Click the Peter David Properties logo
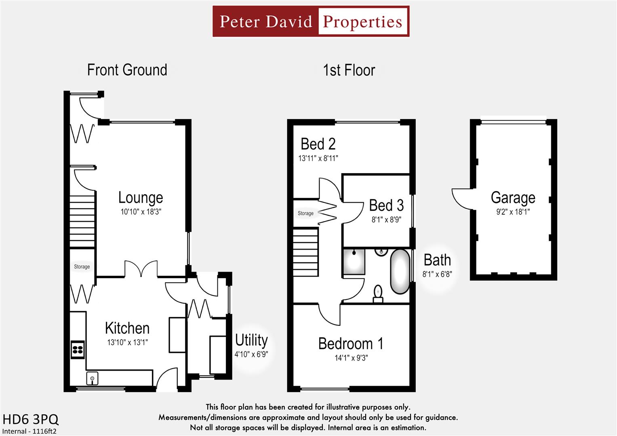click(311, 21)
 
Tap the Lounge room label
click(141, 197)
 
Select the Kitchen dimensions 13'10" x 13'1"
click(127, 342)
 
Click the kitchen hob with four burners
click(78, 350)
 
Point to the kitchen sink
click(93, 379)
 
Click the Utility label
click(251, 340)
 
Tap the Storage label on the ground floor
click(82, 266)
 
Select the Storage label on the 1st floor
click(305, 213)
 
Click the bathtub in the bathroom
click(400, 271)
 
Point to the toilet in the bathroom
click(378, 294)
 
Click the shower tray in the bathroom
click(354, 262)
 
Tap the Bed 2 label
click(318, 144)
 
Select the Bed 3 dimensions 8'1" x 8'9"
click(386, 220)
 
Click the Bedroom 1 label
click(351, 344)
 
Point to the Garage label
click(513, 198)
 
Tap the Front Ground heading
click(127, 70)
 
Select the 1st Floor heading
click(349, 70)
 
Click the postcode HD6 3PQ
click(31, 419)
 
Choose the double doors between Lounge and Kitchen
click(141, 269)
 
